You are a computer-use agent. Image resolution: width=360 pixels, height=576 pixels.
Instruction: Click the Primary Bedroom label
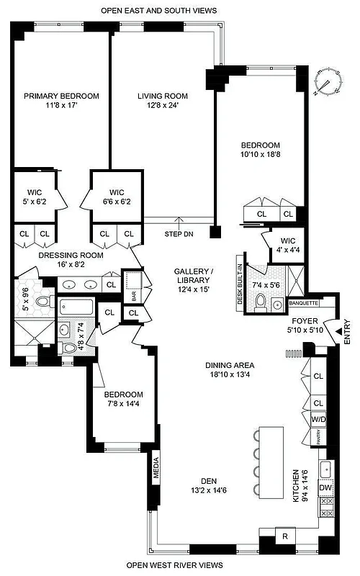click(x=61, y=96)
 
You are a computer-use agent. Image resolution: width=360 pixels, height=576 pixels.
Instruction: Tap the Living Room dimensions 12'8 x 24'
click(x=163, y=106)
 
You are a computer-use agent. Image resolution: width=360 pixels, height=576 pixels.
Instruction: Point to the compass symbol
click(x=328, y=84)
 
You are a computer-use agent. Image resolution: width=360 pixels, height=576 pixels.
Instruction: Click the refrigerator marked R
click(x=285, y=536)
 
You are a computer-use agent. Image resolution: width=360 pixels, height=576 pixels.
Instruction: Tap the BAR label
click(x=134, y=294)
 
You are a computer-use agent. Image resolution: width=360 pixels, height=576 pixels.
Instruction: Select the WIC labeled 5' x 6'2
click(x=35, y=197)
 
